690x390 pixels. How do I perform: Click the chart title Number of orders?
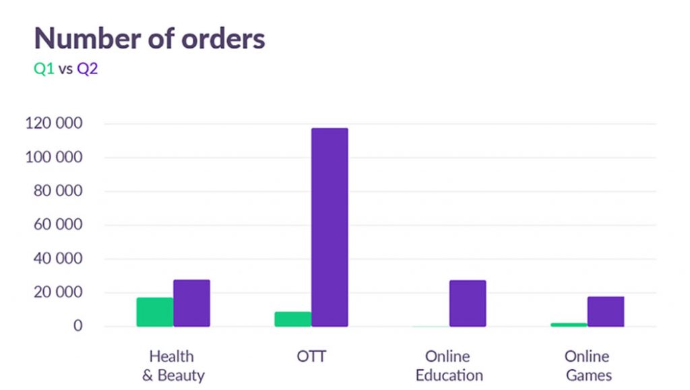[150, 38]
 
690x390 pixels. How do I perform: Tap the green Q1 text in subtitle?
[44, 69]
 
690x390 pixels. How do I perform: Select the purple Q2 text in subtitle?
[88, 69]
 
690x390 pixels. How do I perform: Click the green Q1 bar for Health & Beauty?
[155, 312]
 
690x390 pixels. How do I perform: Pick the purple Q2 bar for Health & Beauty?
[191, 303]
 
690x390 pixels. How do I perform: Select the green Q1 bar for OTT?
[293, 319]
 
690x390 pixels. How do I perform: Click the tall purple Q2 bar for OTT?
[330, 227]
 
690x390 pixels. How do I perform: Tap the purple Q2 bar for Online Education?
[468, 303]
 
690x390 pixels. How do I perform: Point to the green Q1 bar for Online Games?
[569, 325]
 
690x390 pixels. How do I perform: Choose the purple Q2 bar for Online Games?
[606, 311]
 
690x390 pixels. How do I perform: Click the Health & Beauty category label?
[172, 366]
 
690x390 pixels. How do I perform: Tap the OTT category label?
[311, 356]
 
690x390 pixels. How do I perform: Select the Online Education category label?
[449, 366]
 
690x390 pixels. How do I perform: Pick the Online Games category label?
[587, 366]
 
